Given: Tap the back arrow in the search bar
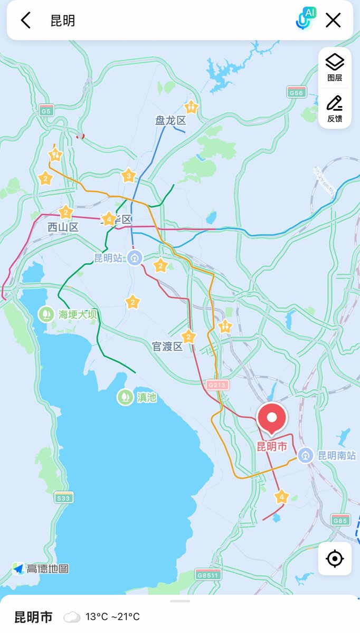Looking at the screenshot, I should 25,21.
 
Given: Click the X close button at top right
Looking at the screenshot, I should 333,21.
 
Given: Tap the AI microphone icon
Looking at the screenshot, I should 303,20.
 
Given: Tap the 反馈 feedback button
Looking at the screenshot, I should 335,109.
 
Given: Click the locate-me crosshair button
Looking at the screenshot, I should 335,558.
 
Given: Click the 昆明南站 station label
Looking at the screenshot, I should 336,456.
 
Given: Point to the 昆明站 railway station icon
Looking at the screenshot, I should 136,258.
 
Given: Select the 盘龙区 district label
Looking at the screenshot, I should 170,121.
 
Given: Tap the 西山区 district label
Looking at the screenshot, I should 63,227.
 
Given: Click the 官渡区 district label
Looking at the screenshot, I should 167,347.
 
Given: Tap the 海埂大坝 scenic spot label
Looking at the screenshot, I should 78,315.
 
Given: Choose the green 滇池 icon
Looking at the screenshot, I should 125,397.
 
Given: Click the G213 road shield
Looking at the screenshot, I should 217,385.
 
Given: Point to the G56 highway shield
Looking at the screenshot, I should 297,93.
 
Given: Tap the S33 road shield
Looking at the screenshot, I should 64,497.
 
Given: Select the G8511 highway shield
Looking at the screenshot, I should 207,575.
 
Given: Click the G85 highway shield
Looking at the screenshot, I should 341,520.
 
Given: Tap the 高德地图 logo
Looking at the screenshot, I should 41,569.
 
